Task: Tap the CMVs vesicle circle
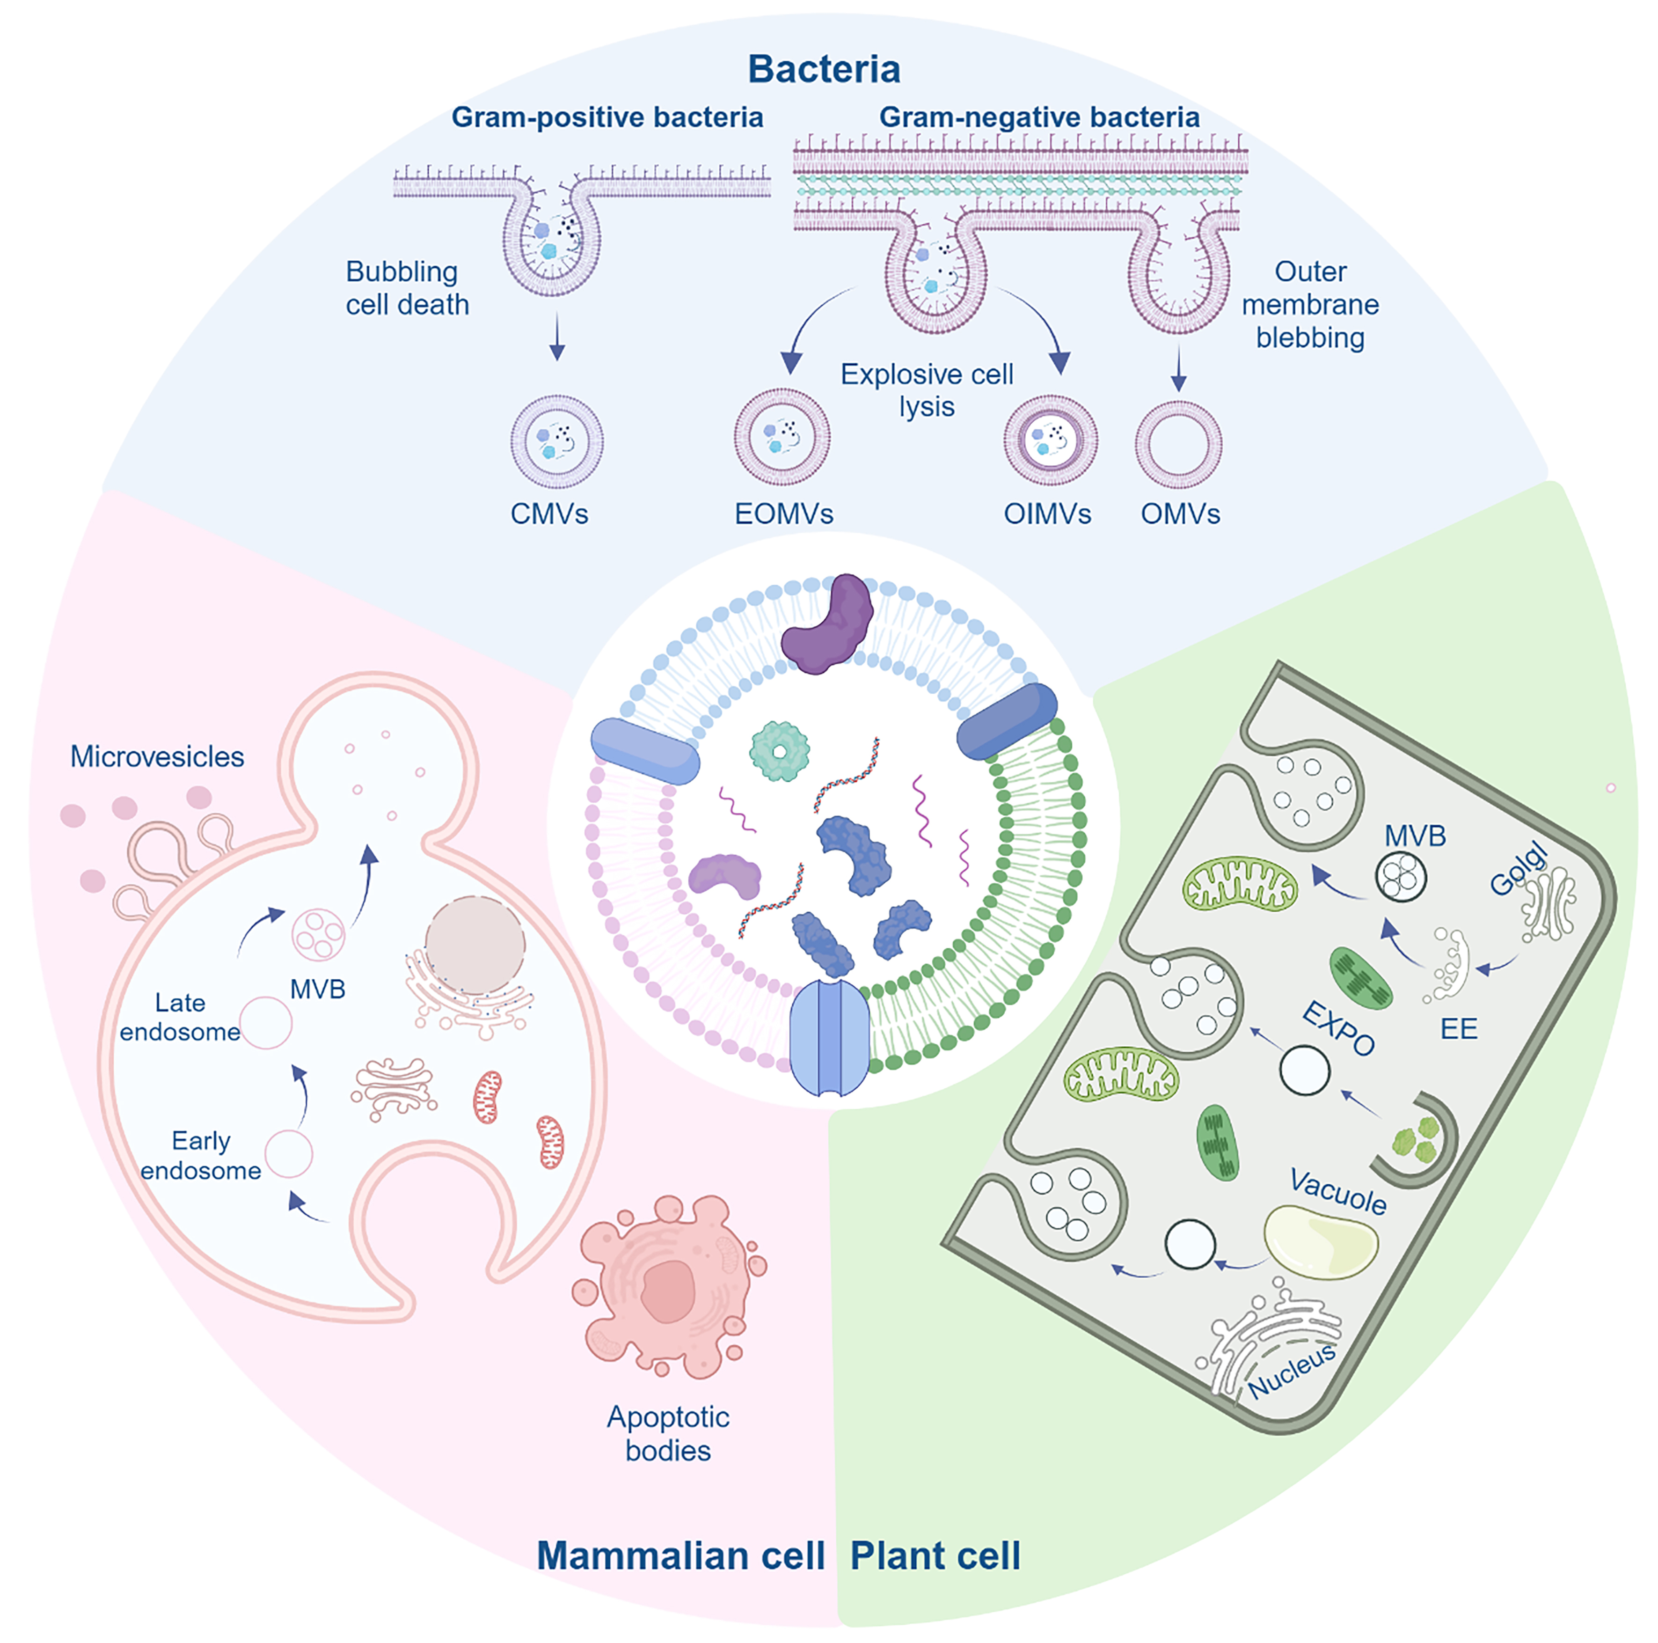[x=557, y=442]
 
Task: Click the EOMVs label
[x=783, y=513]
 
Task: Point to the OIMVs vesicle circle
[x=1051, y=440]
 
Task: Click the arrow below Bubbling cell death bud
[x=557, y=337]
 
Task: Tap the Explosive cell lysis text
[x=927, y=390]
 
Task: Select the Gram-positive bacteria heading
[x=607, y=117]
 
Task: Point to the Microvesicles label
[x=157, y=756]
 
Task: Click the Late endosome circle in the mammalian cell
[x=266, y=1022]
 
